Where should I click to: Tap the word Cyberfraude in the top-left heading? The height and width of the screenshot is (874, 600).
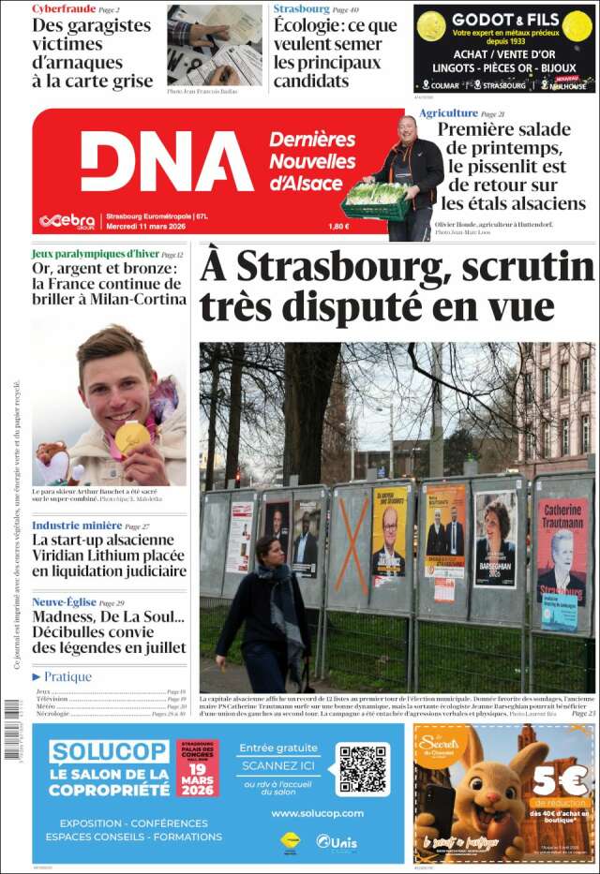pyautogui.click(x=64, y=8)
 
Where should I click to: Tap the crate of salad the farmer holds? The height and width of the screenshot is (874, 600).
pyautogui.click(x=375, y=200)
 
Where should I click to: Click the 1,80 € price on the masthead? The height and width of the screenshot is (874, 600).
pyautogui.click(x=338, y=225)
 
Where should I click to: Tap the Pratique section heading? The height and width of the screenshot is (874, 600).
pyautogui.click(x=67, y=676)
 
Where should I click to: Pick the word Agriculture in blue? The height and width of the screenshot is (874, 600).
pyautogui.click(x=448, y=113)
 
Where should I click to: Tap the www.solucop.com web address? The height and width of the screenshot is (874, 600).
pyautogui.click(x=317, y=813)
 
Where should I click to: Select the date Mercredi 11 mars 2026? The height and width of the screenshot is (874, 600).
pyautogui.click(x=144, y=225)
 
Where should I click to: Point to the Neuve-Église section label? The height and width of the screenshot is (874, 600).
pyautogui.click(x=64, y=602)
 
